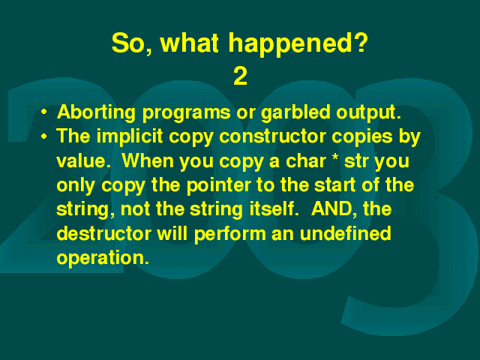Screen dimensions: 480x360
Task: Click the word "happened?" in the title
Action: pos(298,44)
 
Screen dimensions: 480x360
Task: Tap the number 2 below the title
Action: pos(240,76)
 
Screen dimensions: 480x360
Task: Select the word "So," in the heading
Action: pos(132,43)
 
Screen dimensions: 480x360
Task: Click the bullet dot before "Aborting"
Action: pos(44,112)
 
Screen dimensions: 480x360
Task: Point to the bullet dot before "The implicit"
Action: pos(44,136)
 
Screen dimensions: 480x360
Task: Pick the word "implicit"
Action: pos(130,136)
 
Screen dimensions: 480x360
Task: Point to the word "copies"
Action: pos(362,137)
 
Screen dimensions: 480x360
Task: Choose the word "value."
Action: pos(83,160)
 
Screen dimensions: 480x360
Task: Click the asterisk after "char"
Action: pos(335,157)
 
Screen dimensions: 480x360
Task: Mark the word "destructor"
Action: pos(103,233)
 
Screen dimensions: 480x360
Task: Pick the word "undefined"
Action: pos(345,233)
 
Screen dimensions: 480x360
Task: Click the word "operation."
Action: pos(103,258)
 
